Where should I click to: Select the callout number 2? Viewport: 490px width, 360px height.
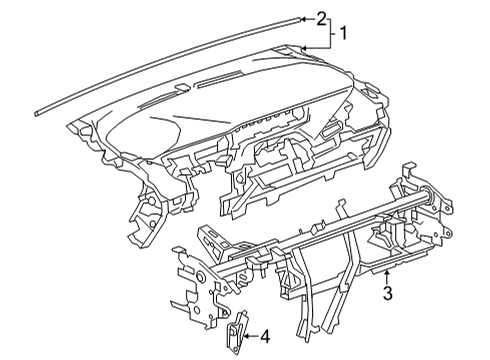pyautogui.click(x=321, y=17)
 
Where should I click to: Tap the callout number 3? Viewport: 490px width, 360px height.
pyautogui.click(x=386, y=293)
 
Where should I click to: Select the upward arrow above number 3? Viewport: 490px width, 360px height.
pyautogui.click(x=386, y=273)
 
